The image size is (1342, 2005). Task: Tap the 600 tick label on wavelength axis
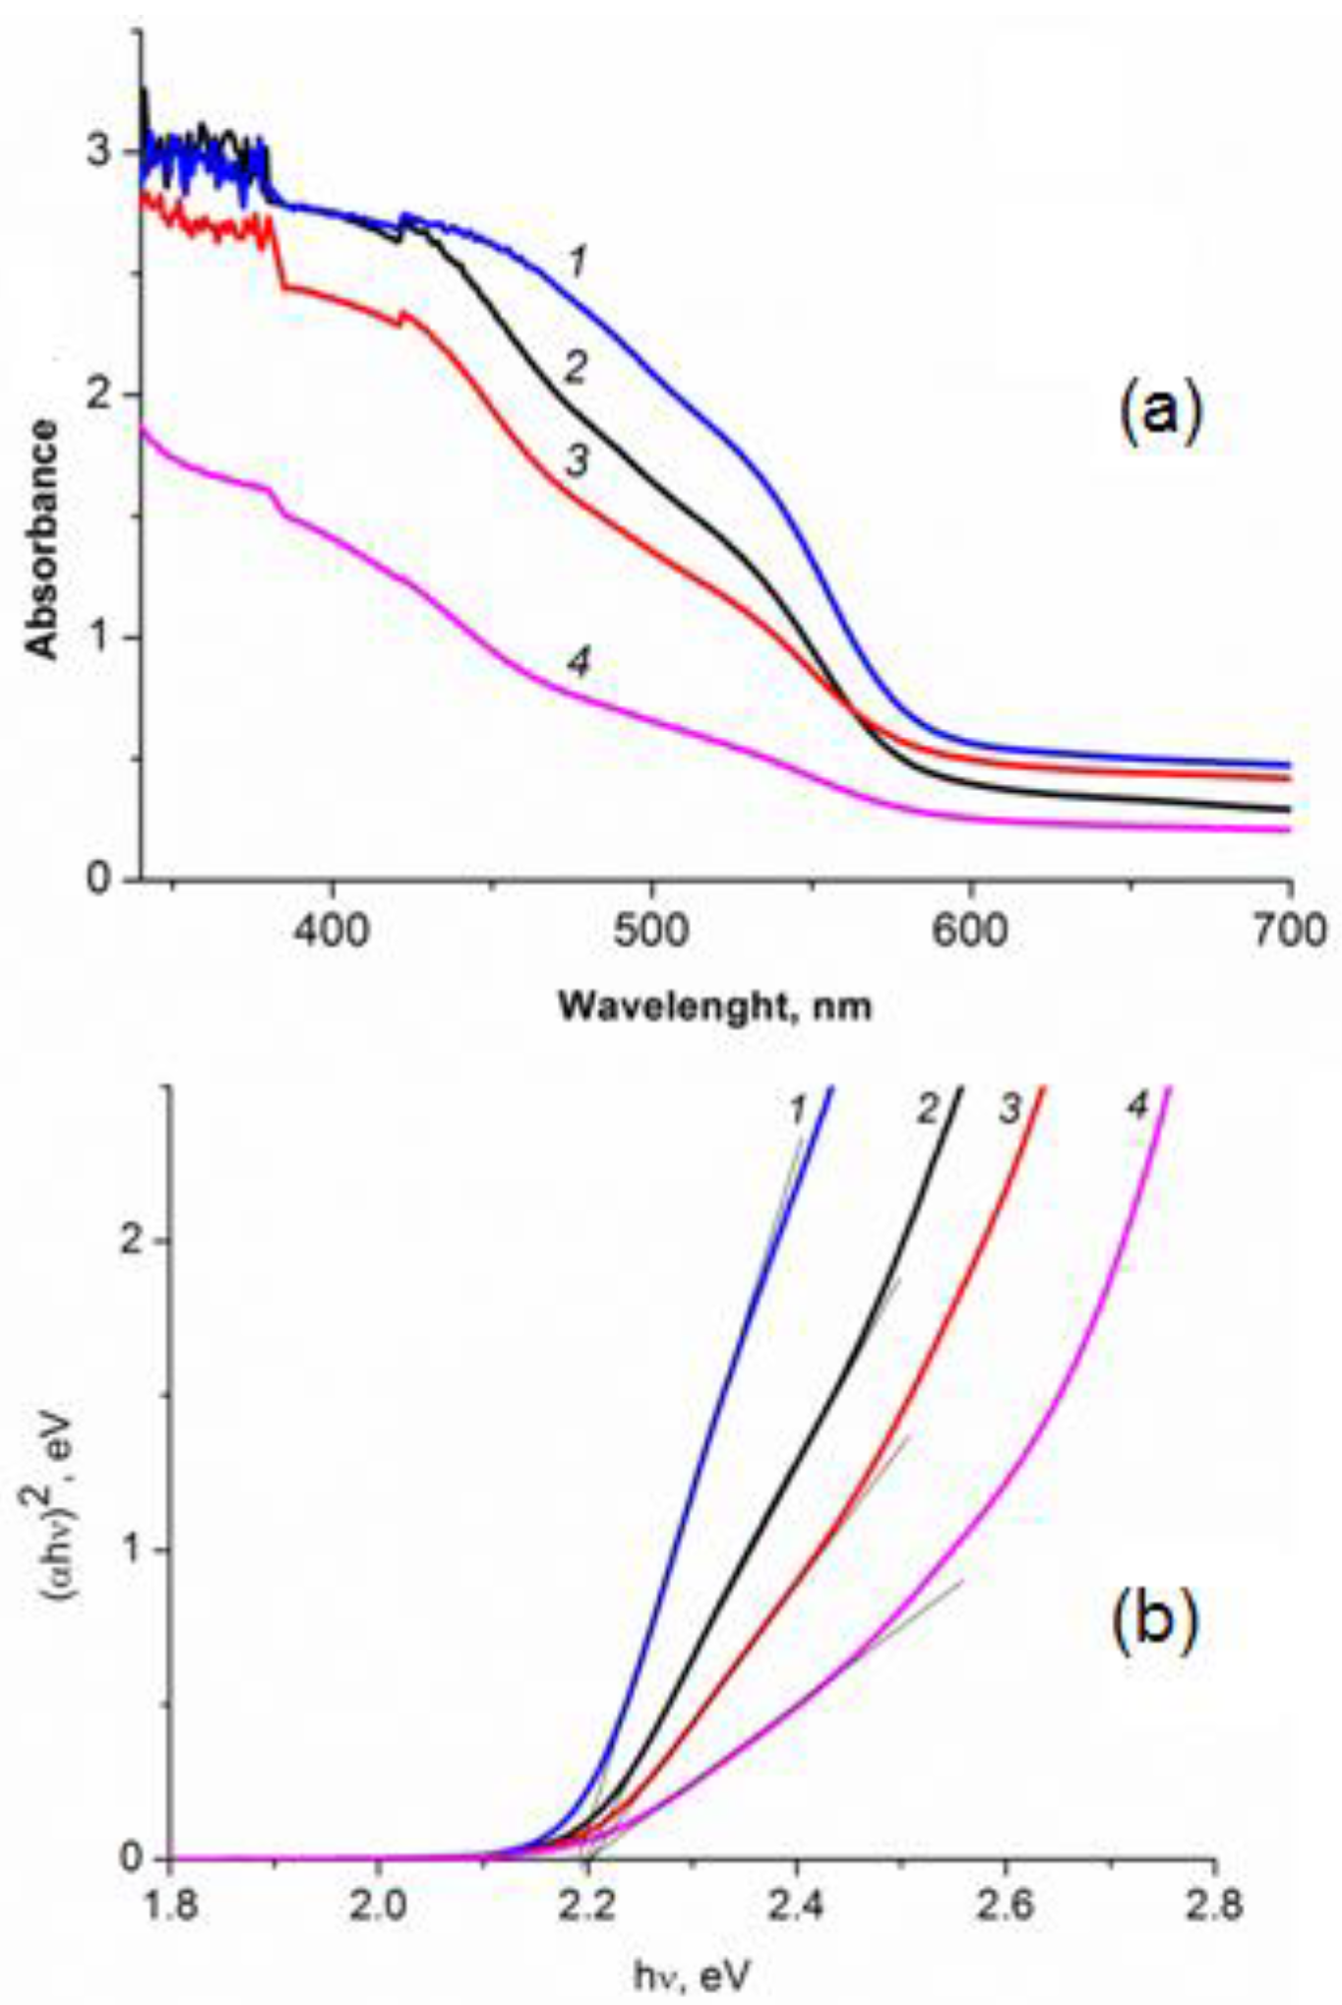(970, 930)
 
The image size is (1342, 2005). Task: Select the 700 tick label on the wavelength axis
(1290, 930)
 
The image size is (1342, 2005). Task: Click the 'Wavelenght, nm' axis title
(715, 1006)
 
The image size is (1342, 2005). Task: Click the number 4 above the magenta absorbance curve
(579, 663)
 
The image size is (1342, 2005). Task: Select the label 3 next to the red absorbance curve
(577, 460)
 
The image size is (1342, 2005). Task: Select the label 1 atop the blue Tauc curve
(798, 1110)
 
